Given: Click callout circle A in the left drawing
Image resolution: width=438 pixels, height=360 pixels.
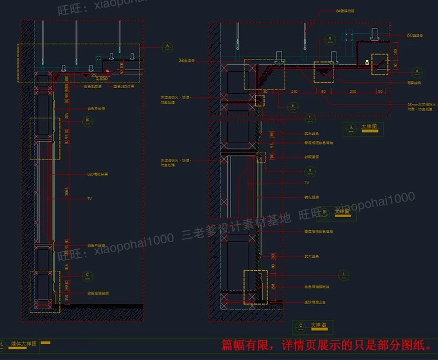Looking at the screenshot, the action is [167, 46].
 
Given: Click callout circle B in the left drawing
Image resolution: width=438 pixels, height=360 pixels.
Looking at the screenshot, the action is [88, 121].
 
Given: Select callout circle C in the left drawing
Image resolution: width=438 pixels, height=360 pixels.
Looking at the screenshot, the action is [88, 274].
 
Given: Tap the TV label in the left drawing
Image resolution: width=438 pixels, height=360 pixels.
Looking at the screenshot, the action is [90, 199].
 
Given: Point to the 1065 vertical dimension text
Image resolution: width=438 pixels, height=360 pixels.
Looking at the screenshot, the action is [67, 193].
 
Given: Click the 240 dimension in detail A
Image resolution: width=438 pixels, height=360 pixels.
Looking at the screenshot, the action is [294, 91].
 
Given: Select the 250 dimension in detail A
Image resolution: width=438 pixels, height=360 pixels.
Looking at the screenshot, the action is [353, 91].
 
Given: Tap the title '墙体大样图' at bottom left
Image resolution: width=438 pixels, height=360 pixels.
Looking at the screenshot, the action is [23, 344].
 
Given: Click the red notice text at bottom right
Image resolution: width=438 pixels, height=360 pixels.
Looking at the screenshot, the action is [327, 345].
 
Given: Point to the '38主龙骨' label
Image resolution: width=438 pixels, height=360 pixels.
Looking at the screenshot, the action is [186, 60].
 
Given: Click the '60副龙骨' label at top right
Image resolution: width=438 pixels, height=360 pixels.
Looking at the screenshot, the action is [415, 36].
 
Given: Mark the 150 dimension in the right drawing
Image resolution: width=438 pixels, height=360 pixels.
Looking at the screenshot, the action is [273, 287].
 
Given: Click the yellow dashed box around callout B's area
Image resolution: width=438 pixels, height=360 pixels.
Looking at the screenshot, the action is [44, 138].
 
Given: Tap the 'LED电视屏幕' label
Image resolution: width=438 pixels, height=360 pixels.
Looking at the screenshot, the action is [98, 174].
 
